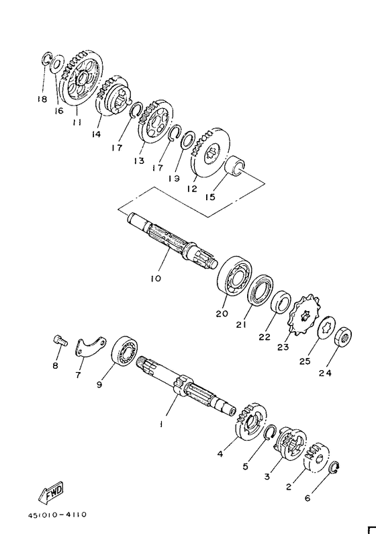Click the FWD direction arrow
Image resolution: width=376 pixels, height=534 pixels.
click(x=50, y=492)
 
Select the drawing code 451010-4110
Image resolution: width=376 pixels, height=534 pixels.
click(x=58, y=515)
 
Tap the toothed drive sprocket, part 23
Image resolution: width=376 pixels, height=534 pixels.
click(x=303, y=315)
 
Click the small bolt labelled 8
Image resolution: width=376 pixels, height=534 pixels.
click(x=60, y=341)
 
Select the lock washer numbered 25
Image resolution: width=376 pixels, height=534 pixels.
click(x=327, y=328)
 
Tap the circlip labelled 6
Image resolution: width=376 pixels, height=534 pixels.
click(x=334, y=468)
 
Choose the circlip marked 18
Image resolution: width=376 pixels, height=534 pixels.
click(x=46, y=58)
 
